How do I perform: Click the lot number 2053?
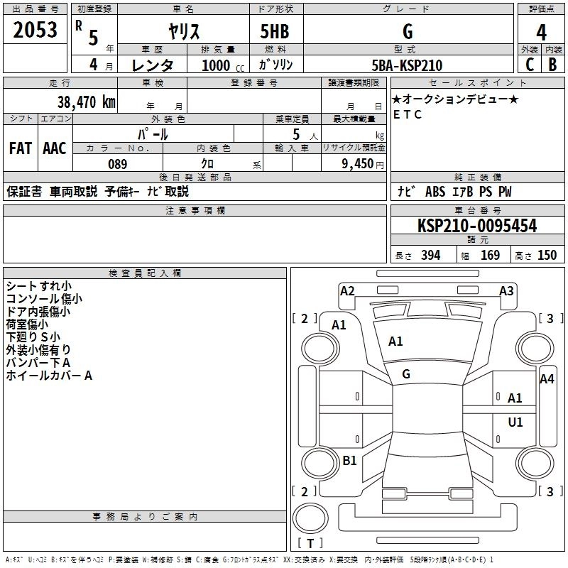35,31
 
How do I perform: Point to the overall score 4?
542,32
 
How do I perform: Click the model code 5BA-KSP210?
407,65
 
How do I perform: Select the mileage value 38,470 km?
86,102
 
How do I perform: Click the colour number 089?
117,164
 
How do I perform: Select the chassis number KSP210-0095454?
476,226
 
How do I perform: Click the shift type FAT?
21,148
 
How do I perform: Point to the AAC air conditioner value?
54,148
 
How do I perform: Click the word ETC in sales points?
407,114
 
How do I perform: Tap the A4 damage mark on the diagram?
547,379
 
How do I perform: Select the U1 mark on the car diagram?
515,422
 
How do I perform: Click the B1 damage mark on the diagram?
349,461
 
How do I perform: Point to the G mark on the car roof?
406,374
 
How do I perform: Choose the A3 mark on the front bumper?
506,290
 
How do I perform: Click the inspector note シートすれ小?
33,286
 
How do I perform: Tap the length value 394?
430,256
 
